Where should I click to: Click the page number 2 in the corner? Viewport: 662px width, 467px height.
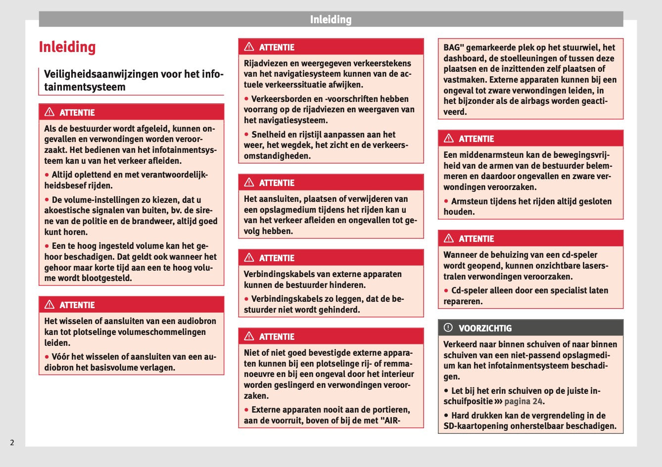pos(12,442)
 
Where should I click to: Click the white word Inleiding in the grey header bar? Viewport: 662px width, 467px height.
pos(331,20)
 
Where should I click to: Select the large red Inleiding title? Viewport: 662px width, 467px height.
pos(67,47)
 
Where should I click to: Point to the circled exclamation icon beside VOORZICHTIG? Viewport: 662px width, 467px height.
pos(448,327)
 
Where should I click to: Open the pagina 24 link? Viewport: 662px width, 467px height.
pos(523,401)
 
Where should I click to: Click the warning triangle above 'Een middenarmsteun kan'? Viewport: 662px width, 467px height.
pos(449,139)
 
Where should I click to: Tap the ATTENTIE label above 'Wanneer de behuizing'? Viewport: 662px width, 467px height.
pos(476,238)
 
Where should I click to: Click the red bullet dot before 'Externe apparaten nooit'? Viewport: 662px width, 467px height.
pos(246,410)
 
